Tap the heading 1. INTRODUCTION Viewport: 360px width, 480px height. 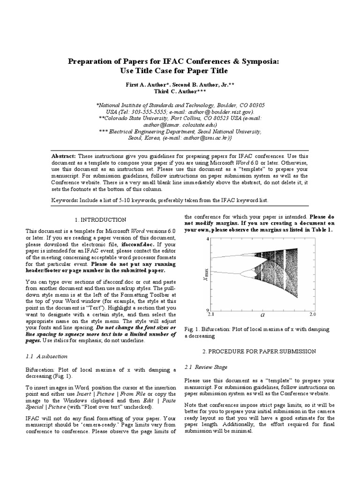click(100, 220)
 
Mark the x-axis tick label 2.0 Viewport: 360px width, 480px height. click(313, 314)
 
